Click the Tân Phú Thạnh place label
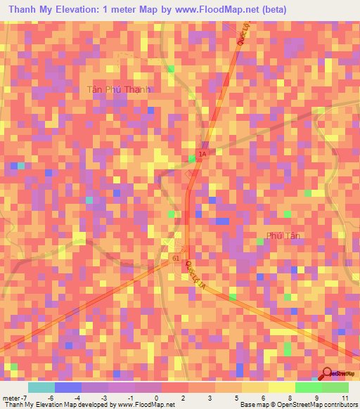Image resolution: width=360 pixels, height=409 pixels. (x=119, y=89)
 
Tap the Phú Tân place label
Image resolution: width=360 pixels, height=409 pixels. (x=284, y=235)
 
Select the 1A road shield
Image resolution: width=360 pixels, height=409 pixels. (x=202, y=153)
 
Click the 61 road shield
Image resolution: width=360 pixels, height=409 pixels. (x=174, y=259)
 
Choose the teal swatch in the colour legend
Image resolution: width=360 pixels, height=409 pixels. (x=41, y=387)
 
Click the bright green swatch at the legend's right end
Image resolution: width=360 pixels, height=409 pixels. (x=335, y=387)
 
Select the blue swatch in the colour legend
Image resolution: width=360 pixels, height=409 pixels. (x=67, y=387)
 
